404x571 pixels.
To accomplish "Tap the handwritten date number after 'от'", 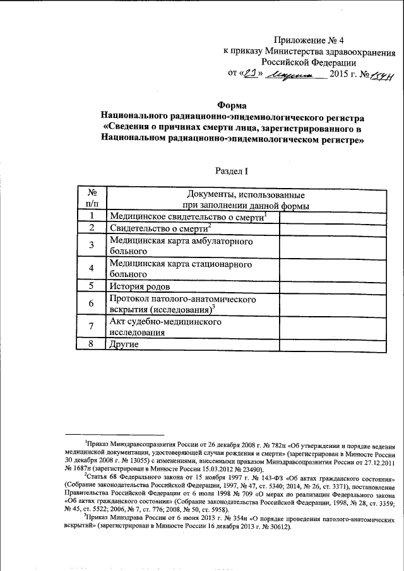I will coord(252,74).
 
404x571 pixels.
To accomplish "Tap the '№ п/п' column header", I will coord(92,197).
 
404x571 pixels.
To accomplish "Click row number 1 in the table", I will coord(92,216).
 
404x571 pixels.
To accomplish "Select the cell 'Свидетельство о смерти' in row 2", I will coord(160,228).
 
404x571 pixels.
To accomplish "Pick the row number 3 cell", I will coord(92,245).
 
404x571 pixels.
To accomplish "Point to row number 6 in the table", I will coord(92,303).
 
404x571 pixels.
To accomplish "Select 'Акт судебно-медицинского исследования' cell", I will coord(165,327).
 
